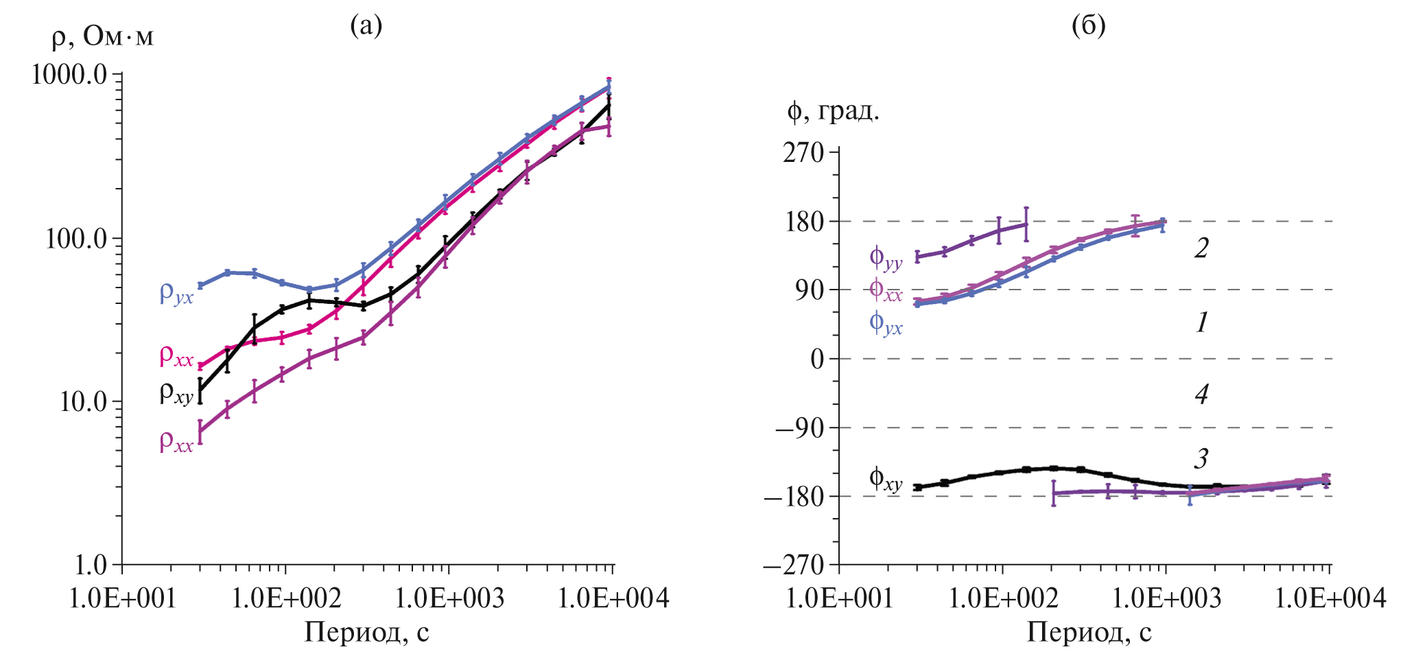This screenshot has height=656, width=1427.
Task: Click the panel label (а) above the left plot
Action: point(366,26)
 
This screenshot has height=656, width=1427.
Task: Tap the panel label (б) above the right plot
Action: point(1088,26)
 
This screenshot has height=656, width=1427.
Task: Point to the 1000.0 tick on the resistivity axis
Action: point(69,74)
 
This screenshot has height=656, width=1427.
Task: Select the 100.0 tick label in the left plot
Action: point(76,239)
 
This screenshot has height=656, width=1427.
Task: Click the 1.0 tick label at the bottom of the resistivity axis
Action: point(91,565)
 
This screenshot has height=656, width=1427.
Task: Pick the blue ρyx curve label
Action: point(176,294)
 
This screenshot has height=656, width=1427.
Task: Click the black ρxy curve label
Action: point(176,394)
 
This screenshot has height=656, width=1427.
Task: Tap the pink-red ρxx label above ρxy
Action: point(176,356)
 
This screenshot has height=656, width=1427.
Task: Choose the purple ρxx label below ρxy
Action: point(176,442)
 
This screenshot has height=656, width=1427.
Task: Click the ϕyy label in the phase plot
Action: point(886,259)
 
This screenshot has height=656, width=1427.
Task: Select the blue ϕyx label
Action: point(886,323)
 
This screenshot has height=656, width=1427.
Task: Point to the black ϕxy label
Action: point(886,479)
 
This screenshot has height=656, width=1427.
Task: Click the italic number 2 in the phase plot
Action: point(1201,248)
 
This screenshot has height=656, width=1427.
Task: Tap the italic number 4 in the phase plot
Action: point(1201,395)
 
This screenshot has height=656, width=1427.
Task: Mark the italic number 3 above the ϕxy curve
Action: point(1201,458)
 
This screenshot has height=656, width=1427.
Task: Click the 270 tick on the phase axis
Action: point(803,152)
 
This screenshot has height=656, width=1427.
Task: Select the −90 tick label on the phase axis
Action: point(799,428)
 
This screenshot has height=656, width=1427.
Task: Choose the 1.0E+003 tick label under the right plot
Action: point(1166,599)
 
